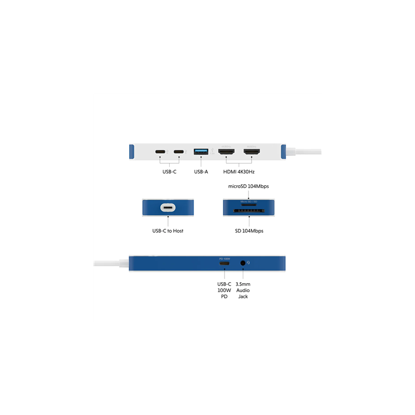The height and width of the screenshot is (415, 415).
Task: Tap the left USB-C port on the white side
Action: [161, 152]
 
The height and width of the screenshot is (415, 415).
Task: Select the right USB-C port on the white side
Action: [179, 152]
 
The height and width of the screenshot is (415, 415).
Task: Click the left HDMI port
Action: [226, 152]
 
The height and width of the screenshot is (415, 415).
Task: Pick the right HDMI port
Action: [253, 152]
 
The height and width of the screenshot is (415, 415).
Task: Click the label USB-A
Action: [201, 171]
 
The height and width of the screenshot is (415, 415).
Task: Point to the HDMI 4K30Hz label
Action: [239, 171]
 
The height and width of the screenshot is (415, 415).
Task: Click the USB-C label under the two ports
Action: [169, 171]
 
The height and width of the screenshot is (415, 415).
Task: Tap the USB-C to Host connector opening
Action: [168, 208]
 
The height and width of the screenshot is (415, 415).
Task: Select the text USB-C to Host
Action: [168, 230]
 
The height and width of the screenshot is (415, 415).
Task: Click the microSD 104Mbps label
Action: [248, 186]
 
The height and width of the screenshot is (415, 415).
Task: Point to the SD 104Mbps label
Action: [248, 230]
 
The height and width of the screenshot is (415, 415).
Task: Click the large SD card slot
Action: [248, 211]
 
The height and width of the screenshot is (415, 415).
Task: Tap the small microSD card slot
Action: [248, 204]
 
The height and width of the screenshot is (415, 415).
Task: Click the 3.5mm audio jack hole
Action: [243, 263]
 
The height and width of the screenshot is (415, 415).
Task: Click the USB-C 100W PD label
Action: [225, 290]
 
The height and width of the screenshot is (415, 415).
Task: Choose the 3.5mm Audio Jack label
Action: [243, 290]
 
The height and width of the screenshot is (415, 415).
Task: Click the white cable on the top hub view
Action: [306, 152]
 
